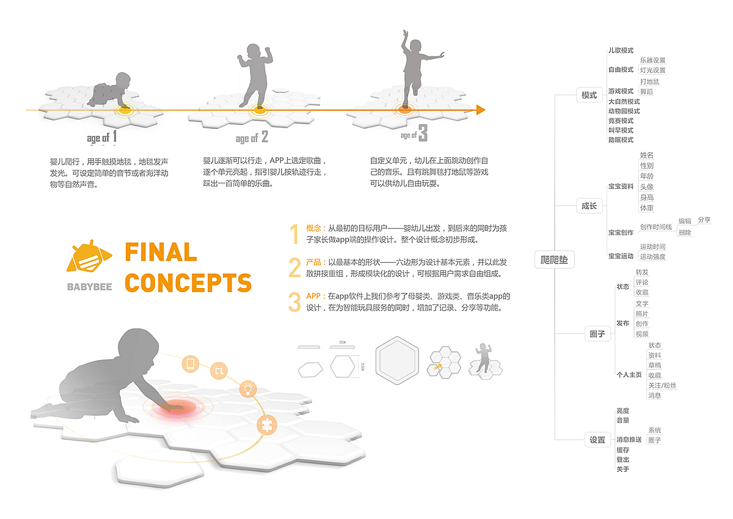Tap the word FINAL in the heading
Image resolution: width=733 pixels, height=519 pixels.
pos(161,252)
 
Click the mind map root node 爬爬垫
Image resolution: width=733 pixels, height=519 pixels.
pos(555,260)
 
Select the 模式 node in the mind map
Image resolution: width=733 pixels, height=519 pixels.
pos(589,95)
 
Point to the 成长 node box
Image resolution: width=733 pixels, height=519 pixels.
pos(589,206)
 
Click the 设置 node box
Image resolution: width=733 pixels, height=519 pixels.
pos(597,440)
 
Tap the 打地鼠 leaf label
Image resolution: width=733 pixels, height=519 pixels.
pos(649,81)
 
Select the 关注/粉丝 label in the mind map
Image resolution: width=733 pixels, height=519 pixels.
pos(662,385)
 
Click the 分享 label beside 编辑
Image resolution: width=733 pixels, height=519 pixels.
pos(704,219)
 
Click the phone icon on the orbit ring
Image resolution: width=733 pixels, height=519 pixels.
pos(190,365)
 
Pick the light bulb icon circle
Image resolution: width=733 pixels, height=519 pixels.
pos(248,388)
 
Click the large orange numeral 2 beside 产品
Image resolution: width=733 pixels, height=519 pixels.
pos(295,267)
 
